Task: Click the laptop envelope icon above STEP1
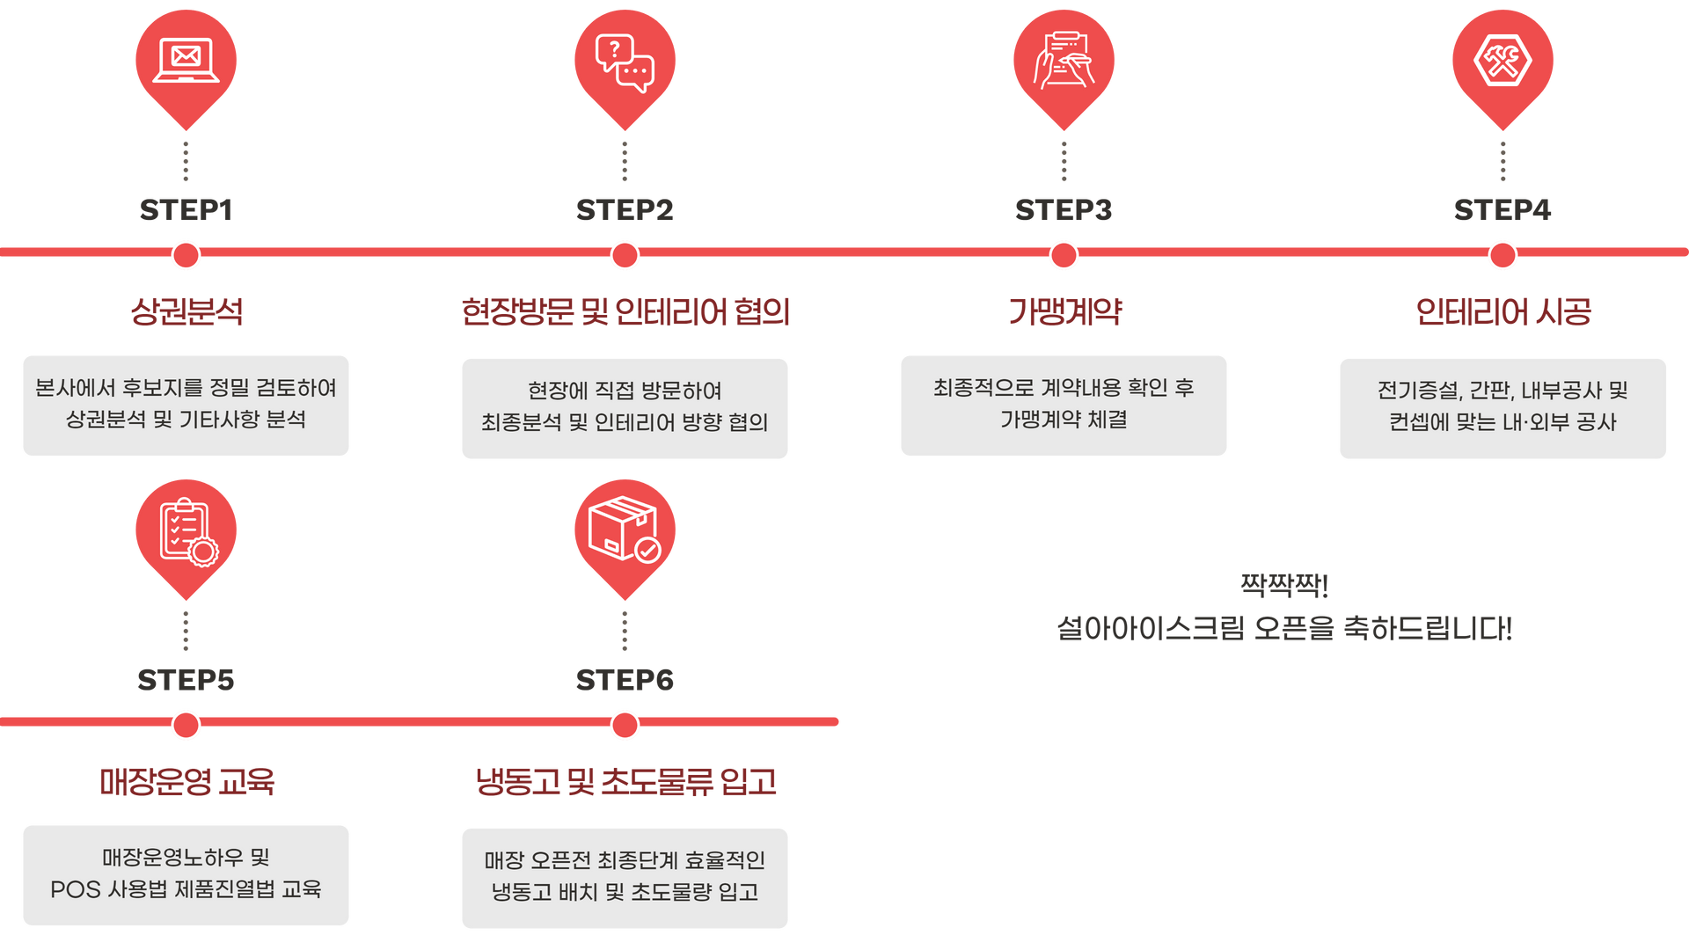(x=186, y=60)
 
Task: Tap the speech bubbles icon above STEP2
(x=625, y=62)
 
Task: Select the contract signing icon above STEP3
(x=1064, y=60)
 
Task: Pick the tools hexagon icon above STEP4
(x=1503, y=60)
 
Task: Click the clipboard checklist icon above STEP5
(x=186, y=531)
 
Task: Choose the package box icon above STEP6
(x=625, y=530)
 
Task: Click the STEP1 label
(x=186, y=210)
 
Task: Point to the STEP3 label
(x=1064, y=210)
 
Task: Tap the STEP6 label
(x=625, y=680)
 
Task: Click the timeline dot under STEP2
(x=625, y=256)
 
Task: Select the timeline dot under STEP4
(x=1503, y=256)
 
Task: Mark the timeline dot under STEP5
(x=186, y=726)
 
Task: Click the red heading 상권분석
(x=186, y=311)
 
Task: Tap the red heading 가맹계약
(x=1064, y=311)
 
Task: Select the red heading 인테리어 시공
(x=1503, y=311)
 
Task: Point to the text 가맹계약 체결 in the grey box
(x=1064, y=420)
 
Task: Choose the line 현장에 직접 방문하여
(x=625, y=390)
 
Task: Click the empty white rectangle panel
(x=1279, y=787)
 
